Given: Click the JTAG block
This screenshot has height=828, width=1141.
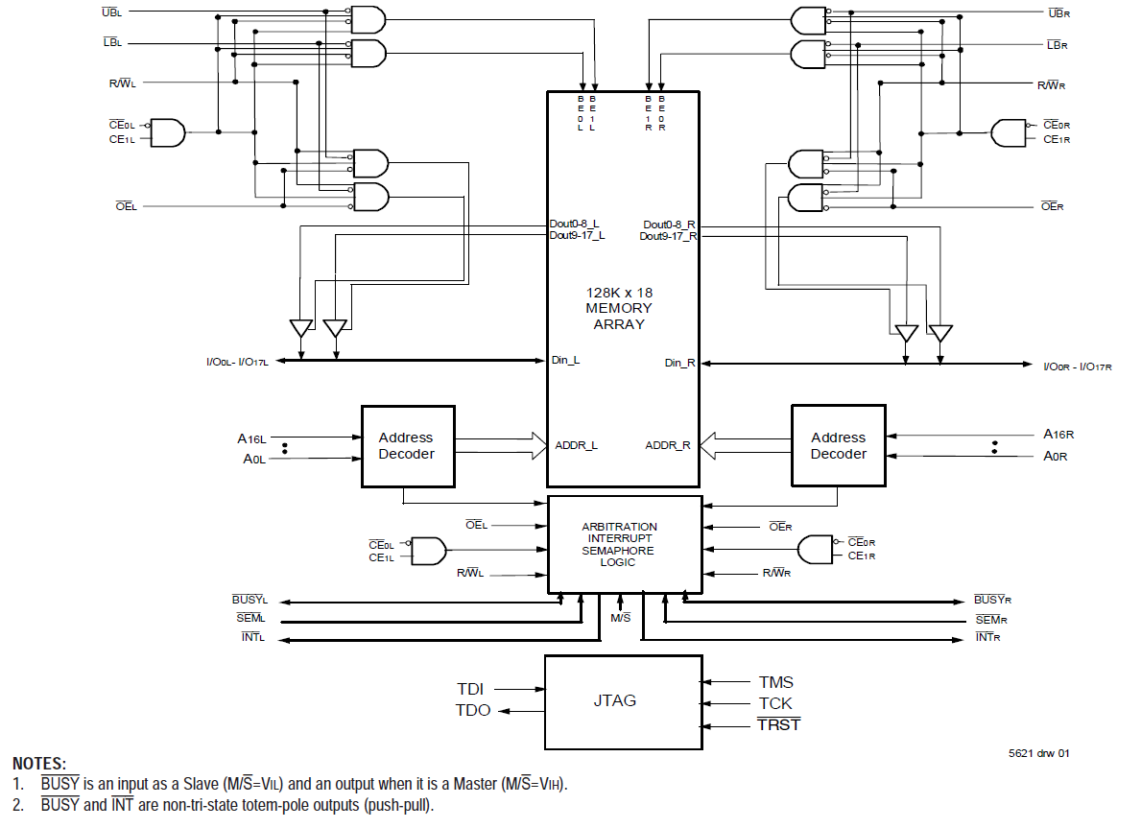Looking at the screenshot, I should [623, 701].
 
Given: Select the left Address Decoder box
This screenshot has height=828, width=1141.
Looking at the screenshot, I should [407, 446].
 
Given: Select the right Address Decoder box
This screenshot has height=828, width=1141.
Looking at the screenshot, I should [838, 446].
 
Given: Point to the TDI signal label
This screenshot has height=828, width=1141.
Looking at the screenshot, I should [470, 689].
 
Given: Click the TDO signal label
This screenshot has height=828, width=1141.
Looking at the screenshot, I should [472, 710].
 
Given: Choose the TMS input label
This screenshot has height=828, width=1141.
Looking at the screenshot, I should [775, 682].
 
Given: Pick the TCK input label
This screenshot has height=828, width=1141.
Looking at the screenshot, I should [775, 703].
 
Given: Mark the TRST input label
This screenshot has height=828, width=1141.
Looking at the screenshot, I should [778, 724].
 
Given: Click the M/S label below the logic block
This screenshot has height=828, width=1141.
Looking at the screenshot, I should [621, 617].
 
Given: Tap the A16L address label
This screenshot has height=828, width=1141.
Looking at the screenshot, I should [251, 438].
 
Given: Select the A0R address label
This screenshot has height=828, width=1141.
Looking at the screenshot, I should [1056, 456].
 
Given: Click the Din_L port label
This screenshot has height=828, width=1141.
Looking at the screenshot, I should [564, 361].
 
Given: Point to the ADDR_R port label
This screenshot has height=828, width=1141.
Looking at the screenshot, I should [668, 445].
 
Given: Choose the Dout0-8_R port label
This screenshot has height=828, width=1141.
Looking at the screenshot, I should [669, 225].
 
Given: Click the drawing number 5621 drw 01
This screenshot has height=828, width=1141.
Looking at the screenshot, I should [1038, 753].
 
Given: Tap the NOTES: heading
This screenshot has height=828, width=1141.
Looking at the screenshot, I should [39, 764].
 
